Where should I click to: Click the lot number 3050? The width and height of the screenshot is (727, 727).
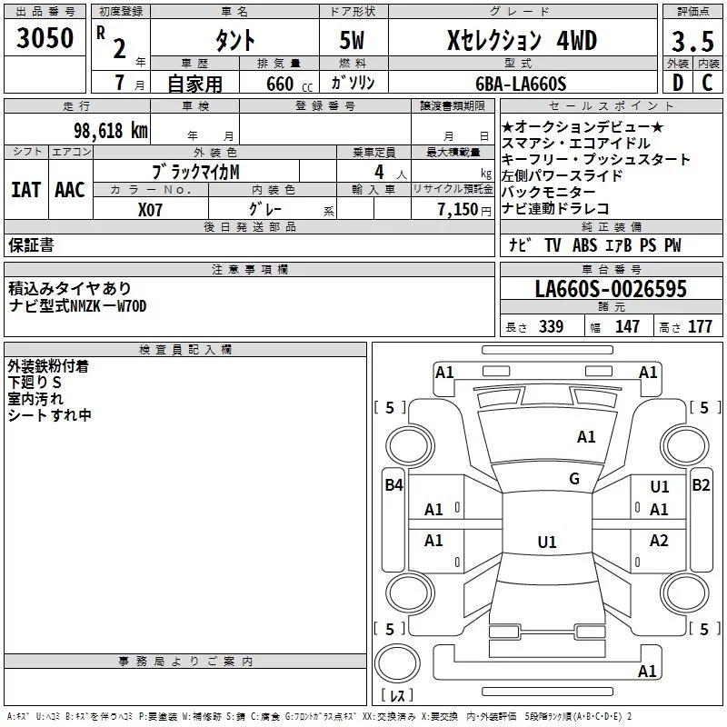tap(45, 38)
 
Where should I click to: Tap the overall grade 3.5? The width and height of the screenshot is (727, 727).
tap(692, 41)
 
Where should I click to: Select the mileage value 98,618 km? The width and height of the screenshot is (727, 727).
tap(111, 131)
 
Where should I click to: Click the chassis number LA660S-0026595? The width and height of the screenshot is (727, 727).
tap(611, 288)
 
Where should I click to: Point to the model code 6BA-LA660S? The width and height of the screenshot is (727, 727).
tap(521, 84)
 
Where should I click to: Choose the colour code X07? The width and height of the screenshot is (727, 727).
tap(150, 210)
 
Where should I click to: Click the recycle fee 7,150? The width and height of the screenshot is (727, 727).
tap(458, 210)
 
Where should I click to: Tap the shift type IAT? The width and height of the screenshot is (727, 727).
tap(25, 190)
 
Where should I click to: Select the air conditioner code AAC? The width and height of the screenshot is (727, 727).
tap(70, 190)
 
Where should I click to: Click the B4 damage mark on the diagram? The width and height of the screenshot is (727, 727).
tap(393, 485)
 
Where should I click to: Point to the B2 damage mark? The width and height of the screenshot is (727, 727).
tap(701, 485)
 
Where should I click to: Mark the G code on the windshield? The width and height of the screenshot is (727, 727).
tap(574, 479)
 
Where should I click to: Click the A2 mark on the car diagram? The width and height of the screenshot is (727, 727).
tap(659, 540)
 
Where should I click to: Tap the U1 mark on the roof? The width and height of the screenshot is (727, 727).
tap(547, 542)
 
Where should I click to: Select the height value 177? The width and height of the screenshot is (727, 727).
tap(700, 326)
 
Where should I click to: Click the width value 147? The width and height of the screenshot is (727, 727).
tap(627, 326)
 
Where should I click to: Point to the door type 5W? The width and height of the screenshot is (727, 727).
tap(352, 40)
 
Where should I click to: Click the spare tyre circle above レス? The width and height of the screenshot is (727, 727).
tap(397, 663)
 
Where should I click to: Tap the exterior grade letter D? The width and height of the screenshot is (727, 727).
tap(677, 83)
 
